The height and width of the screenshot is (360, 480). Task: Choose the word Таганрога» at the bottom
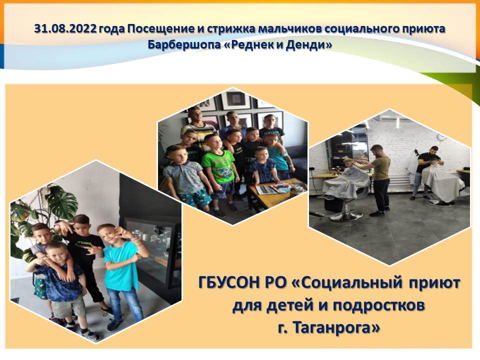pos(336,327)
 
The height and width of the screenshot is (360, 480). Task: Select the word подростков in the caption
pos(378,305)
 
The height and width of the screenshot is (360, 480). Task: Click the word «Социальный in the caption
pos(346,283)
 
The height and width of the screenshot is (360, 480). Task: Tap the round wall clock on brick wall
pos(440,137)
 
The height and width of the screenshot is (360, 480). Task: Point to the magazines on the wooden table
pos(272,188)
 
